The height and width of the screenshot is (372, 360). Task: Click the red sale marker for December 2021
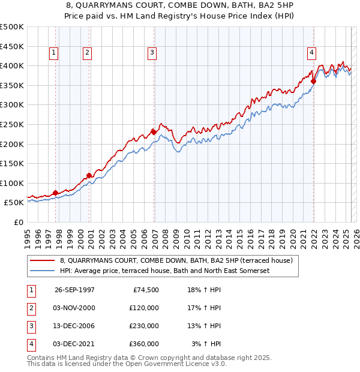[x=314, y=81]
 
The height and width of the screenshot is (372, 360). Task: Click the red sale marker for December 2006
[x=154, y=131]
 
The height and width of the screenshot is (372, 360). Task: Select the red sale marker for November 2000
[x=89, y=175]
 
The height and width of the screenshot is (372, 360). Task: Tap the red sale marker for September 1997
[x=55, y=193]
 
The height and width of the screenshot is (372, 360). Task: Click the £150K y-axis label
[x=13, y=163]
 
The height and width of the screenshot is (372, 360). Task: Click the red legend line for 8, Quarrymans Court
[x=43, y=260]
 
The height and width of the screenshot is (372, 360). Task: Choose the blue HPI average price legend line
[x=43, y=271]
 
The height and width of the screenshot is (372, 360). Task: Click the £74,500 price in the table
[x=145, y=289]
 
